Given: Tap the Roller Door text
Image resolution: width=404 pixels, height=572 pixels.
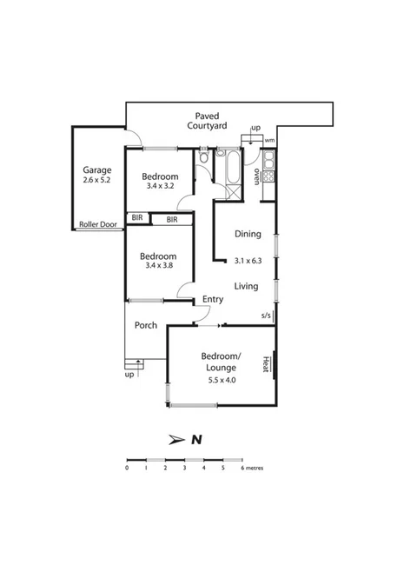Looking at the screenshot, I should tap(98, 223).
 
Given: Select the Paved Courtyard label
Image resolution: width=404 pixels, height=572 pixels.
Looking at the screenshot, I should tap(207, 120).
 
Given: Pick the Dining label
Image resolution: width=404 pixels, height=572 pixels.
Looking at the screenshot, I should tap(248, 234).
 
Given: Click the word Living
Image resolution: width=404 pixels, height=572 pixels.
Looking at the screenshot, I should tap(248, 285).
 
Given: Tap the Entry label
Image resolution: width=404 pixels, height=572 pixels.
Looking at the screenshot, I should tap(212, 300).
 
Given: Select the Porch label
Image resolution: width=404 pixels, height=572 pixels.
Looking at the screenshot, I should tap(145, 326).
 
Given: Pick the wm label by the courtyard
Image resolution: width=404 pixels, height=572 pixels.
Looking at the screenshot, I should tap(269, 140).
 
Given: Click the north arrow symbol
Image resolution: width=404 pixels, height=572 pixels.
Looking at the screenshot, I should tap(176, 439).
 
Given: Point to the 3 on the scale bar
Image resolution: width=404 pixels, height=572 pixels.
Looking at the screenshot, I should tap(184, 468).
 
